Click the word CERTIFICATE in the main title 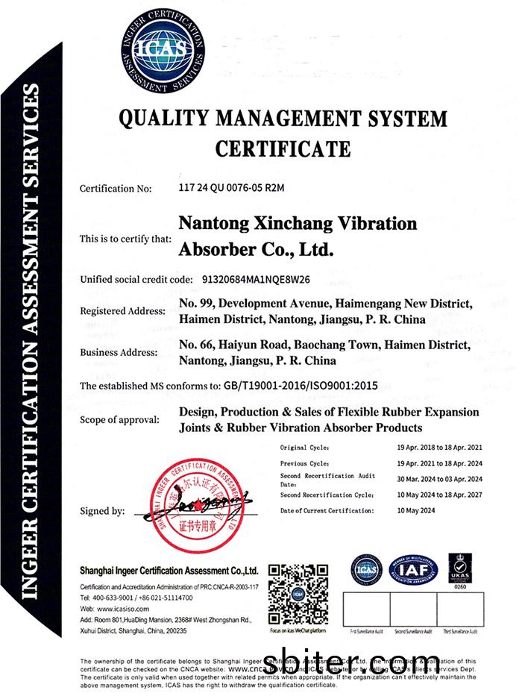pyautogui.click(x=283, y=148)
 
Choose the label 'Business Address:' pyautogui.click(x=119, y=352)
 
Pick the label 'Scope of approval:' pyautogui.click(x=120, y=419)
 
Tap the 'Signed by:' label pyautogui.click(x=102, y=511)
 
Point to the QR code pyautogui.click(x=298, y=595)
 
